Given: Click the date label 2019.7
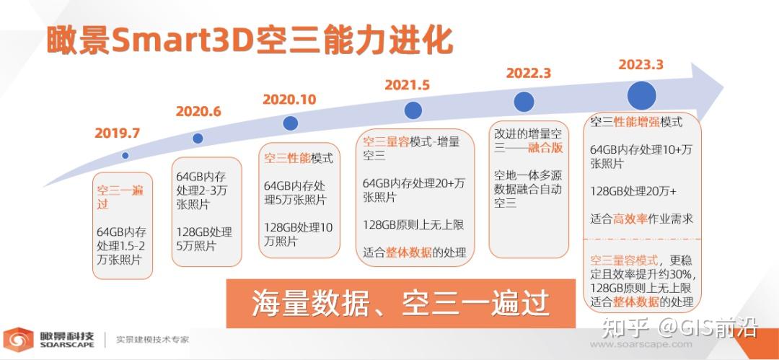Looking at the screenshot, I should click(x=117, y=133).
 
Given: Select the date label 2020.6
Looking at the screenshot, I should click(x=198, y=112).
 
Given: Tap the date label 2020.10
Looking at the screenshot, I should click(x=289, y=100).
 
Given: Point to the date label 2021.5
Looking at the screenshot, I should click(x=407, y=85).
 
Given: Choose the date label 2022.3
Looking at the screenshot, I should click(x=528, y=74).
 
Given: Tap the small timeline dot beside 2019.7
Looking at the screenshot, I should click(x=126, y=155).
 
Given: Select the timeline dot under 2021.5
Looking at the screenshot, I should click(x=413, y=110).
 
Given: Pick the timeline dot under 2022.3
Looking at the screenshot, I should click(x=524, y=102).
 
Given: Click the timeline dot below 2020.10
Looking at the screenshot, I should click(x=290, y=123).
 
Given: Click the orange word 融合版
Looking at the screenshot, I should click(x=545, y=149).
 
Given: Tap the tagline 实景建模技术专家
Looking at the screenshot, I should click(x=152, y=339).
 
